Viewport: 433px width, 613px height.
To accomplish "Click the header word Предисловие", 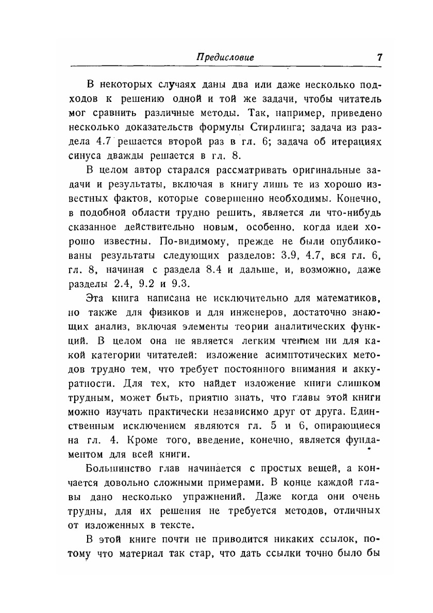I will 225,57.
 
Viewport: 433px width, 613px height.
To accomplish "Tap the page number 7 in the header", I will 379,57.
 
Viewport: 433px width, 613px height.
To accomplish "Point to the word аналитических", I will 306,326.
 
